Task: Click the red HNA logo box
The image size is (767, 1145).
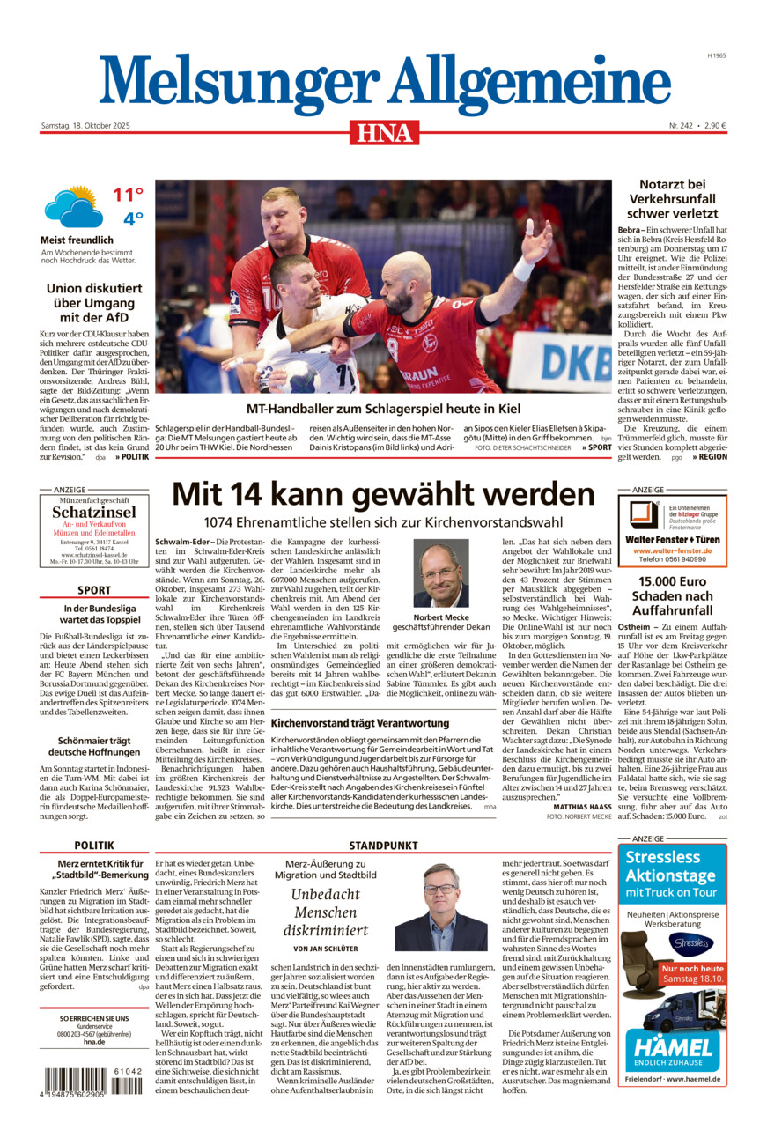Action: (x=384, y=132)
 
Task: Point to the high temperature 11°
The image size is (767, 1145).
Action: (x=128, y=195)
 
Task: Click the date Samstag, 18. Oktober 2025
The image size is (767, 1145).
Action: (x=85, y=126)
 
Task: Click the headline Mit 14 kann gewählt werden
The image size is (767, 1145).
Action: (x=383, y=493)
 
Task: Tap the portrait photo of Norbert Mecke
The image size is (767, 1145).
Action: (x=441, y=573)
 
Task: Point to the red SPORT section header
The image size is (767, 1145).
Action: (x=94, y=590)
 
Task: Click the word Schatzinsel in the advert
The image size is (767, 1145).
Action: (x=94, y=512)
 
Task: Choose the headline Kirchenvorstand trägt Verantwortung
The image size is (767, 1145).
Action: (x=360, y=723)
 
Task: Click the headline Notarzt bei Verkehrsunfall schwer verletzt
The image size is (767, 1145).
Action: (x=672, y=198)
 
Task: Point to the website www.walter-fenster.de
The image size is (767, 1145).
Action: (x=672, y=550)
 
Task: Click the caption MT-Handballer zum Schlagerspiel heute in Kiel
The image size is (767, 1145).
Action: (x=383, y=409)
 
